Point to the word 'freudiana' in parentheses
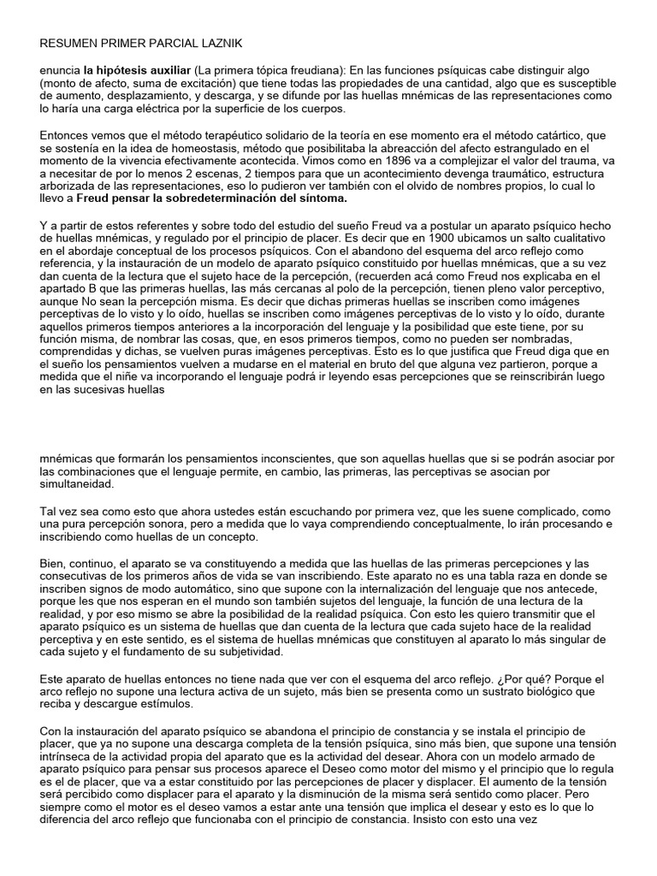coord(313,70)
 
